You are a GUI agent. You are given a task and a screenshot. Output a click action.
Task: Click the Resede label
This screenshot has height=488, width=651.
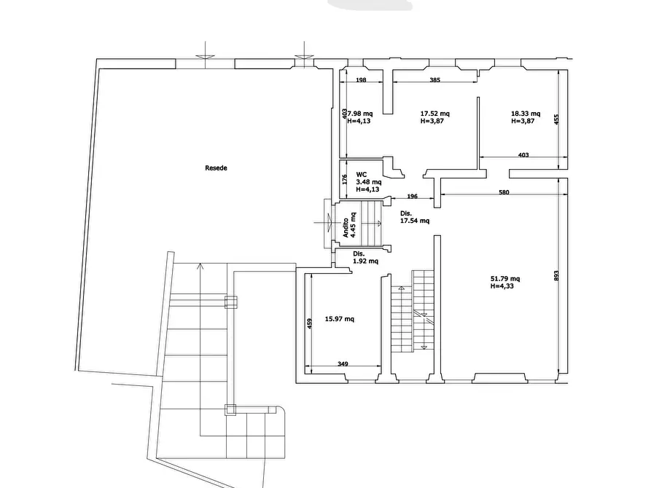click(216, 168)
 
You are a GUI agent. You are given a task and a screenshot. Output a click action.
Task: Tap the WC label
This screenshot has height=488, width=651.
click(361, 175)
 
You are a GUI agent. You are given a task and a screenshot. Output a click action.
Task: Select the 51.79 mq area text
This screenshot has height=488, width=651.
click(505, 279)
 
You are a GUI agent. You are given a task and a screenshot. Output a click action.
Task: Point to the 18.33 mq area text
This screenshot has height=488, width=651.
click(526, 114)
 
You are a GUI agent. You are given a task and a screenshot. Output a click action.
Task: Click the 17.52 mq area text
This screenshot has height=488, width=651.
click(434, 114)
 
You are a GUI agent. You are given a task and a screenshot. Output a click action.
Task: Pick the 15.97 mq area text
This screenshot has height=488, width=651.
click(339, 319)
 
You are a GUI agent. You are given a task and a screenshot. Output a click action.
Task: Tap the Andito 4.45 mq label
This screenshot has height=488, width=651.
click(349, 225)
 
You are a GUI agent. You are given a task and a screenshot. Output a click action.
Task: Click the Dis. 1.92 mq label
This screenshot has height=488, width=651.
click(365, 257)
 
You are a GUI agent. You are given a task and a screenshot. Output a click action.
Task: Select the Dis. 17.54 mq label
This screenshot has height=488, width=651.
click(414, 217)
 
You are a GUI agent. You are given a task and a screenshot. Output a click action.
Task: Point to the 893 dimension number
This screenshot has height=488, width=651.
click(556, 275)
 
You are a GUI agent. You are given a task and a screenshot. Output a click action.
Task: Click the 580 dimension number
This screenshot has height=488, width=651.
click(504, 192)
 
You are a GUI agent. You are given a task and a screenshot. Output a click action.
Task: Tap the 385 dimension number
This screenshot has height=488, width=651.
click(434, 80)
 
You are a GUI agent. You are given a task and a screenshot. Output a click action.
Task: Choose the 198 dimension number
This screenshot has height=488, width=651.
click(361, 80)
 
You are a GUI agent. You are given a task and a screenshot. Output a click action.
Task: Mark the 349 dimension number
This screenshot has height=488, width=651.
click(343, 364)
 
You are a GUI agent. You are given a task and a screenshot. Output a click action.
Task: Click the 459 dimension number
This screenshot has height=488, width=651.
click(309, 323)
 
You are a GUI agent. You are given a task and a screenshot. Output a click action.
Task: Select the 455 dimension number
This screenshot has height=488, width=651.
click(556, 119)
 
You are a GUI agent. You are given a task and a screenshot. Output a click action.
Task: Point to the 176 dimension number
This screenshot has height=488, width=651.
click(345, 179)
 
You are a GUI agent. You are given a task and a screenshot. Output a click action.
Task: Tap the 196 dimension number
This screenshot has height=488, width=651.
click(413, 196)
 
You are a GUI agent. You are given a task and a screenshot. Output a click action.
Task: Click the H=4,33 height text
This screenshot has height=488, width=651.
click(502, 286)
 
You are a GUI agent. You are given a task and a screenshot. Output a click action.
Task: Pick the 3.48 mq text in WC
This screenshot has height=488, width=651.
click(369, 182)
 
